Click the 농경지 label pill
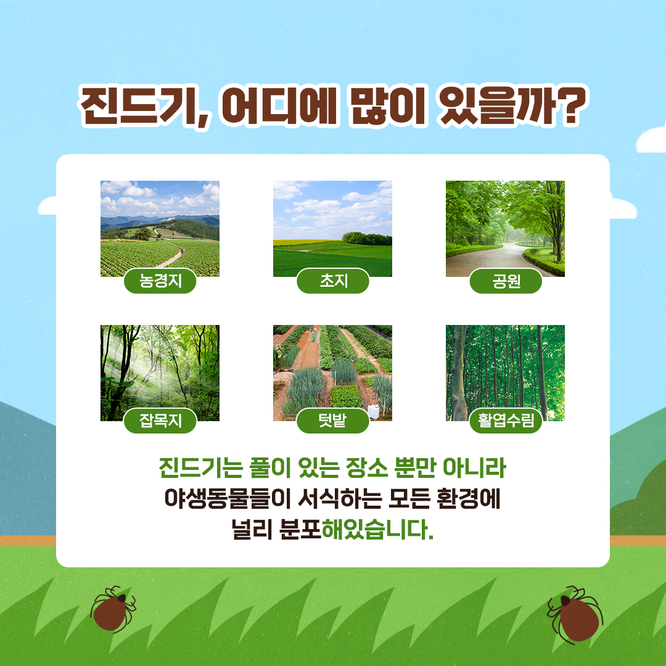pos(160,281)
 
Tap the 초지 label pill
pos(333,281)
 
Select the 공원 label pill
pos(506,281)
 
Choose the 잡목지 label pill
pos(160,421)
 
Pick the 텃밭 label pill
pos(333,421)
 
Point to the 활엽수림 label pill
pos(506,421)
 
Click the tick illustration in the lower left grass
pos(113,609)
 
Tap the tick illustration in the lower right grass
pos(575,615)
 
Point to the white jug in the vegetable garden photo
pos(373,411)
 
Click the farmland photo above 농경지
pos(160,229)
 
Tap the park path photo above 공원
pos(506,229)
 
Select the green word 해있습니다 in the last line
pos(377,529)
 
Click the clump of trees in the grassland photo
pos(366,238)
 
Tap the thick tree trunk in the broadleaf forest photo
pos(459,373)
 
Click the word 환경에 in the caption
pos(469,499)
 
